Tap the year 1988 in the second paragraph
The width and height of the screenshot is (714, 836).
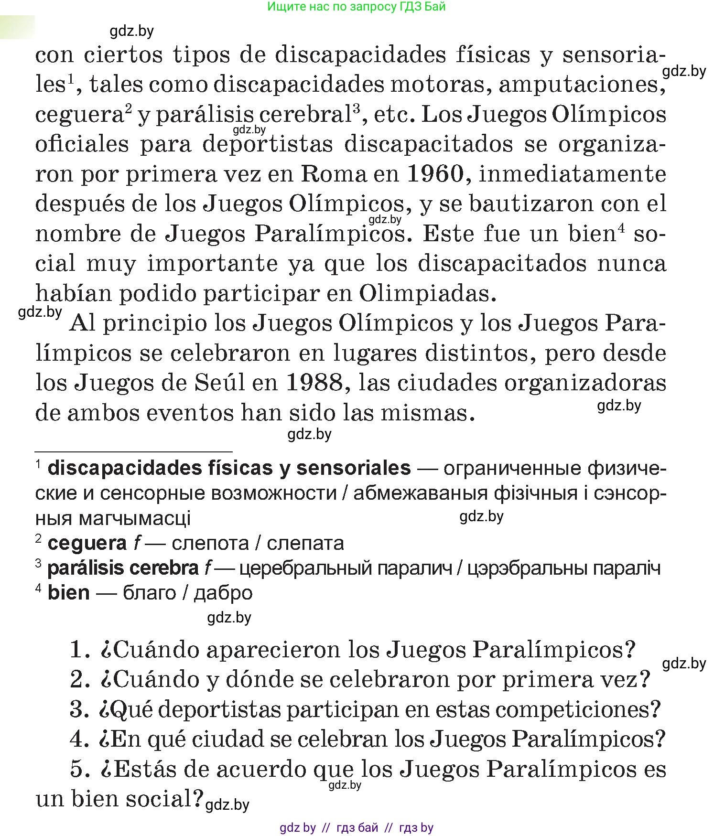point(315,383)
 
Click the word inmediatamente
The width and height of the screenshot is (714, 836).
point(572,174)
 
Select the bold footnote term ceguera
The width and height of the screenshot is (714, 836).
point(87,543)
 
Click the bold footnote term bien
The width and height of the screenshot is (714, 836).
point(68,593)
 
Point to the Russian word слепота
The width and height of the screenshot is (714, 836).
point(210,543)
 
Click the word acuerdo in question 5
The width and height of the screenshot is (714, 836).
point(261,769)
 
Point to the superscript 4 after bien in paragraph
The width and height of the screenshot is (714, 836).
point(621,228)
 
